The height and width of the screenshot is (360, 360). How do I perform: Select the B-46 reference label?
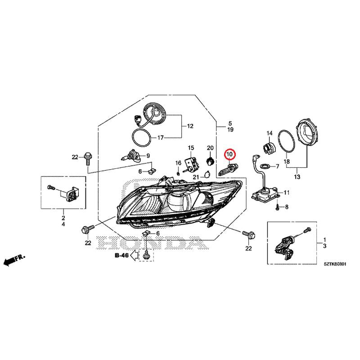121,255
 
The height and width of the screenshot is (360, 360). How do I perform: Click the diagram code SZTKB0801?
335,264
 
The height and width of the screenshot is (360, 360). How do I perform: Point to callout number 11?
287,193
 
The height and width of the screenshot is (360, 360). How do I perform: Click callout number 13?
297,177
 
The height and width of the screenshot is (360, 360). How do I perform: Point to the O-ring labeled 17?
142,137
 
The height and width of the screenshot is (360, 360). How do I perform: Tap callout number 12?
190,126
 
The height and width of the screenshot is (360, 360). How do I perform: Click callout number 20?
210,148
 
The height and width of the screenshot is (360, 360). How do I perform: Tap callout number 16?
178,163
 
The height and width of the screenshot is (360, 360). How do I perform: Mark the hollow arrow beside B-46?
134,255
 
